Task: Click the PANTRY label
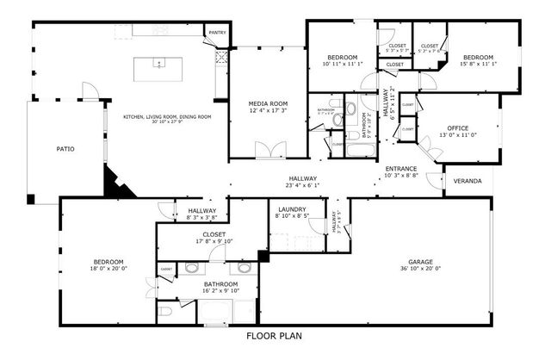pyautogui.click(x=216, y=34)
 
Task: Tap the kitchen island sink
pyautogui.click(x=158, y=63)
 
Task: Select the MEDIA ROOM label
pyautogui.click(x=267, y=102)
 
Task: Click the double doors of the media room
pyautogui.click(x=269, y=151)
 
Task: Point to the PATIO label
pyautogui.click(x=65, y=149)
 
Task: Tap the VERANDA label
pyautogui.click(x=467, y=181)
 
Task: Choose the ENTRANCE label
pyautogui.click(x=401, y=168)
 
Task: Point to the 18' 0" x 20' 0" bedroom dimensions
pyautogui.click(x=108, y=269)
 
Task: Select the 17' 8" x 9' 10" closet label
pyautogui.click(x=214, y=242)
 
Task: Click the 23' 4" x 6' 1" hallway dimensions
pyautogui.click(x=303, y=185)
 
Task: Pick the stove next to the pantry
pyautogui.click(x=221, y=58)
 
